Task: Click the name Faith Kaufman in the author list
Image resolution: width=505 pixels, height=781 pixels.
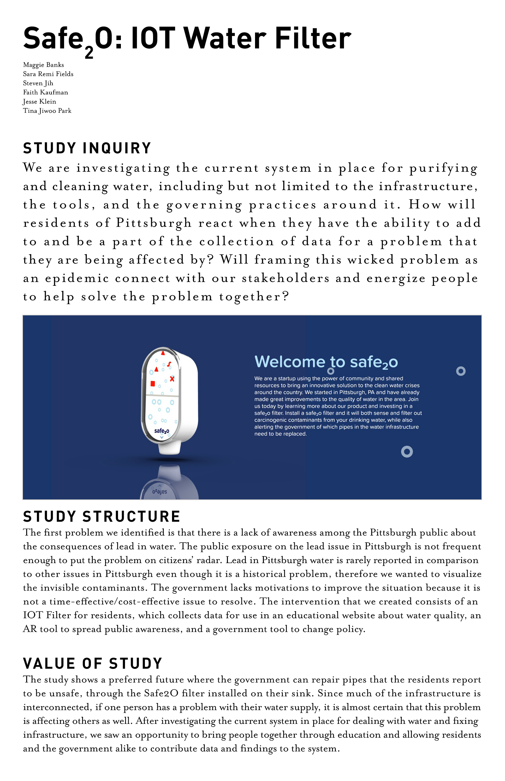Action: click(x=45, y=93)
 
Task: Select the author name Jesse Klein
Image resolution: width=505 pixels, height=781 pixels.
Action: click(x=40, y=102)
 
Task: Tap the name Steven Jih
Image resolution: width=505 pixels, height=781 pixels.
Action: click(x=38, y=83)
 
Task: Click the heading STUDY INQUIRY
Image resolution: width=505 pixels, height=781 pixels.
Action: click(x=87, y=148)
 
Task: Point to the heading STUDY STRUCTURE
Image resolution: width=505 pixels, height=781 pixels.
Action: click(x=102, y=517)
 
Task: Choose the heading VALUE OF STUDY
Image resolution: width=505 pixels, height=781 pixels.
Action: click(x=93, y=664)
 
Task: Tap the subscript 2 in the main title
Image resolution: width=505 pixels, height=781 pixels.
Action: click(x=89, y=52)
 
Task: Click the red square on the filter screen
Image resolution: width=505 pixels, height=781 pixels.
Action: click(x=152, y=383)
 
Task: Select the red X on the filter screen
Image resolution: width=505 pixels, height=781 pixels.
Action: click(x=172, y=379)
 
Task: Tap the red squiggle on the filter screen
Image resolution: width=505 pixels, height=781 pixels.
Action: click(x=169, y=364)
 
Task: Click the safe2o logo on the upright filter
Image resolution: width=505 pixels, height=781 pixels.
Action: click(x=162, y=431)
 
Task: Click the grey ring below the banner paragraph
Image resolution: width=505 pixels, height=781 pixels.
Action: click(x=407, y=452)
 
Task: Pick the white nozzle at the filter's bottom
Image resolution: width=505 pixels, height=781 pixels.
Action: click(x=172, y=448)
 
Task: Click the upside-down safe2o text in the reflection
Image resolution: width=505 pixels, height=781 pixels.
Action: click(x=160, y=492)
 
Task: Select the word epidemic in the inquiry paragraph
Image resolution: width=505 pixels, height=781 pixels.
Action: click(x=77, y=279)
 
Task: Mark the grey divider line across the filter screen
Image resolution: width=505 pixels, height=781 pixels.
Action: click(x=162, y=396)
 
